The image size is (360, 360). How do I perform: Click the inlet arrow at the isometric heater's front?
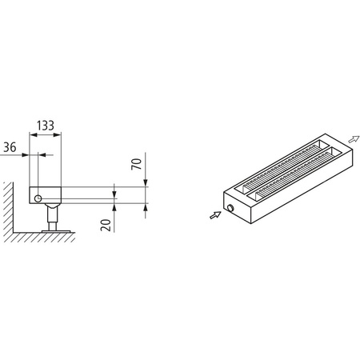click(x=214, y=214)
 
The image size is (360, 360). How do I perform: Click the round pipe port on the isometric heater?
click(x=230, y=207)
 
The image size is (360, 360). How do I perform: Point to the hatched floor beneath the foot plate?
click(x=48, y=238)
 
